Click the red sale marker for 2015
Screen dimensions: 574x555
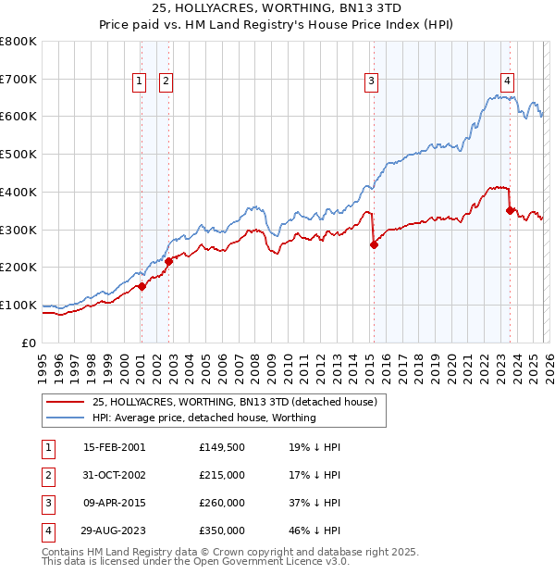coord(374,244)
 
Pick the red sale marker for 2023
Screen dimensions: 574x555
coord(510,210)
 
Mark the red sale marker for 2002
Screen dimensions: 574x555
coord(169,261)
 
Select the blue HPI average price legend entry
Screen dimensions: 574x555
coord(203,418)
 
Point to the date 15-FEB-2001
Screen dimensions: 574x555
coord(114,447)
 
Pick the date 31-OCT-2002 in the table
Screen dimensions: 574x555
coord(114,477)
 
